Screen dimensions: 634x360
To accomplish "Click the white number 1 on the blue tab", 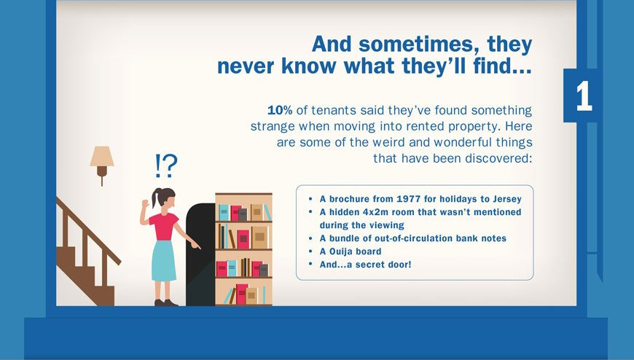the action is tap(584, 96).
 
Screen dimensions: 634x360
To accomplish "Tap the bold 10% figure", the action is tap(279, 110).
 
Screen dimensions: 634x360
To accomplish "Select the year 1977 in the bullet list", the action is tap(408, 199).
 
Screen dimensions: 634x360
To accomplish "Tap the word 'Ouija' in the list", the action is tap(341, 251).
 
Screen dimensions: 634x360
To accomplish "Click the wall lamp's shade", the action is tap(102, 156).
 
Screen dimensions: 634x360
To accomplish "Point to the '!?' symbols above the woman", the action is tap(166, 166).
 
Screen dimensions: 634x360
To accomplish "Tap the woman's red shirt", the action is tap(164, 227).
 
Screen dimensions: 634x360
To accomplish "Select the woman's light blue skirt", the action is tap(164, 261).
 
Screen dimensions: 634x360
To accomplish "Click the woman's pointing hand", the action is tap(195, 245).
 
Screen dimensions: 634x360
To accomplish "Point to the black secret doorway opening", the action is tap(200, 255).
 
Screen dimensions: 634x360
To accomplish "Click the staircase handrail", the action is tap(89, 231).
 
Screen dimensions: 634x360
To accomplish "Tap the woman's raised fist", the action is tap(145, 203).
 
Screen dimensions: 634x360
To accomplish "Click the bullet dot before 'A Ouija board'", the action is tap(310, 251).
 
